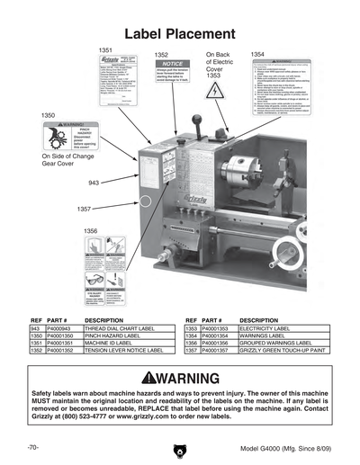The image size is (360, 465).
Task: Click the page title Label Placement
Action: pyautogui.click(x=179, y=32)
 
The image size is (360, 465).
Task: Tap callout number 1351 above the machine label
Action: pyautogui.click(x=105, y=50)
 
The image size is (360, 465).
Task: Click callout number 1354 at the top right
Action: pyautogui.click(x=258, y=55)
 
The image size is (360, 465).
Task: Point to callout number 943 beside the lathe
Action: pyautogui.click(x=94, y=183)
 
